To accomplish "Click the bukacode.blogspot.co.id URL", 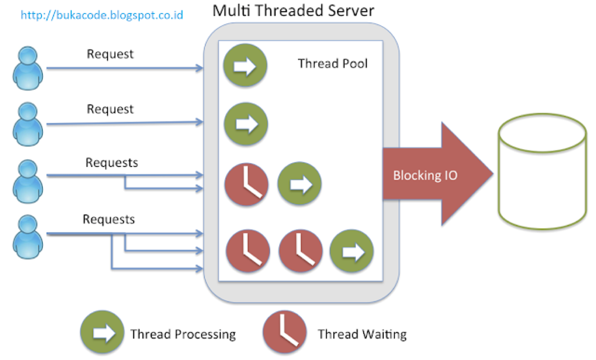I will (102, 15).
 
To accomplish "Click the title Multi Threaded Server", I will (293, 10).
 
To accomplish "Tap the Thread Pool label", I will (332, 64).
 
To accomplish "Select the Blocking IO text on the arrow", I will (425, 175).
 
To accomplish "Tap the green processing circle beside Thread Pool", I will (245, 66).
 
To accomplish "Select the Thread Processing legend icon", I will (102, 333).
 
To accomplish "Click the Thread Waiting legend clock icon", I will (285, 333).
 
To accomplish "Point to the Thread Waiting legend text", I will (362, 334).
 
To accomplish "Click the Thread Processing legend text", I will (183, 334).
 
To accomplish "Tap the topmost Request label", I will (110, 54).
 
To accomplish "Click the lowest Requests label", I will (109, 219).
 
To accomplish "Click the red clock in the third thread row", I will (246, 184).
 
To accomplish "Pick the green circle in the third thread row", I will (300, 184).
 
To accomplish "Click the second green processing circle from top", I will (246, 123).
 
